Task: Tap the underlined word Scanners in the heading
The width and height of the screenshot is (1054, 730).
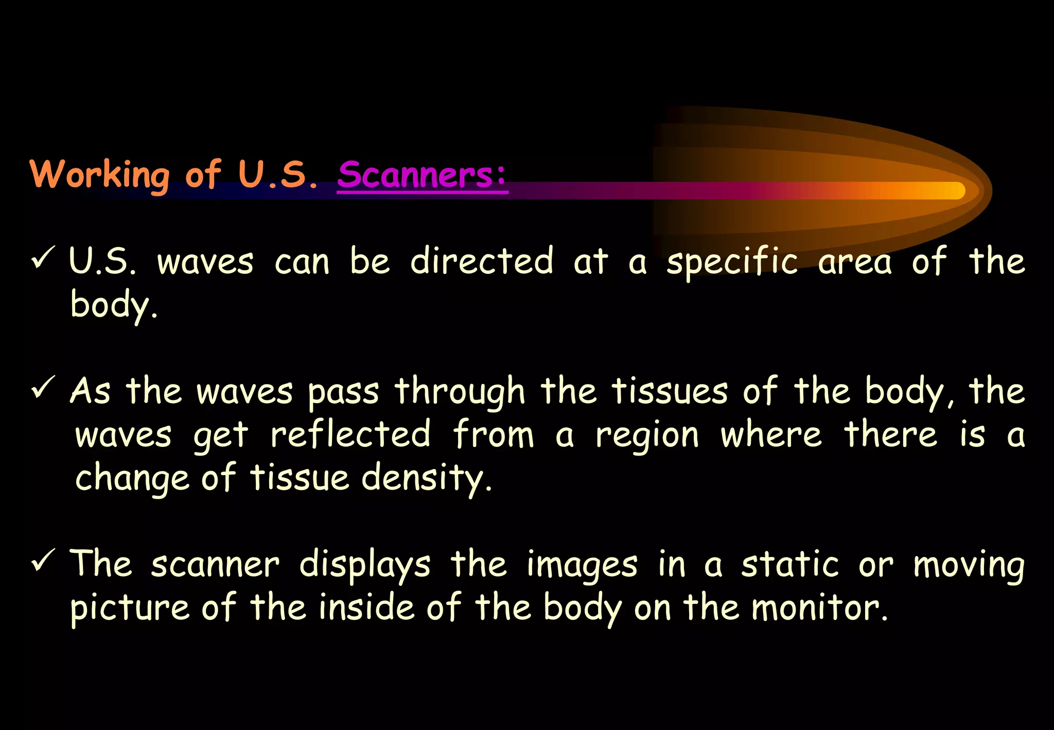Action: pyautogui.click(x=422, y=175)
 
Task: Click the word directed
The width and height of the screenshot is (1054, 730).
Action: pyautogui.click(x=482, y=261)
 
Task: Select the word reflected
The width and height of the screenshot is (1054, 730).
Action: pyautogui.click(x=350, y=434)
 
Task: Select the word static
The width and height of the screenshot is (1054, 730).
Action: pyautogui.click(x=790, y=564)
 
